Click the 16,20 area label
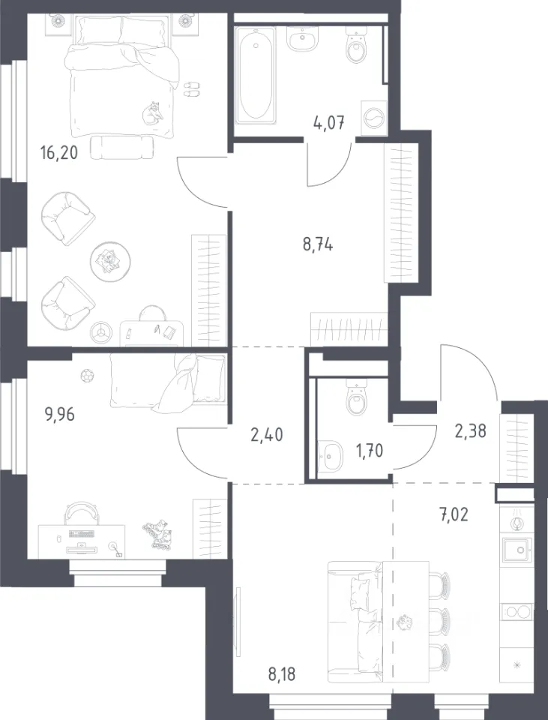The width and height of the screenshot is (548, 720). pyautogui.click(x=59, y=152)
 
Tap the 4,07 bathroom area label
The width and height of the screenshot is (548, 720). pyautogui.click(x=328, y=123)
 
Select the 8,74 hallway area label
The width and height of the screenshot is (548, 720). pyautogui.click(x=318, y=244)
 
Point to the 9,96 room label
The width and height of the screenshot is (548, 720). pyautogui.click(x=59, y=414)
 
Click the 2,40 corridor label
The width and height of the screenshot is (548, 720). pyautogui.click(x=267, y=434)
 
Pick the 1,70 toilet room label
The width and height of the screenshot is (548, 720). pyautogui.click(x=370, y=451)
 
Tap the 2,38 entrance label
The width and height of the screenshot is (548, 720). pyautogui.click(x=471, y=431)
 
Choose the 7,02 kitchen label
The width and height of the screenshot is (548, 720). pyautogui.click(x=453, y=514)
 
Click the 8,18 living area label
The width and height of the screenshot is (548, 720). pyautogui.click(x=282, y=674)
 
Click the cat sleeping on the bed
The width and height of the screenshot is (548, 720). pyautogui.click(x=152, y=113)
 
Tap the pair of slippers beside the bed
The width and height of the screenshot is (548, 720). pyautogui.click(x=192, y=89)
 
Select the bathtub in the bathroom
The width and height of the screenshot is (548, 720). pyautogui.click(x=256, y=75)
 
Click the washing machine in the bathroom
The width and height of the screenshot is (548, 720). pyautogui.click(x=374, y=118)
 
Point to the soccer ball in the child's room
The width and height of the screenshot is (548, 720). pyautogui.click(x=85, y=376)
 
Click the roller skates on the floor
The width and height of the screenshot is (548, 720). pyautogui.click(x=158, y=534)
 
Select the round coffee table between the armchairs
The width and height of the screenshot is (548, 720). pyautogui.click(x=110, y=261)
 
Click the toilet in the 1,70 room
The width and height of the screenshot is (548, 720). pyautogui.click(x=356, y=398)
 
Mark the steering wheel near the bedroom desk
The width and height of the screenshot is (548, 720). pyautogui.click(x=101, y=331)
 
